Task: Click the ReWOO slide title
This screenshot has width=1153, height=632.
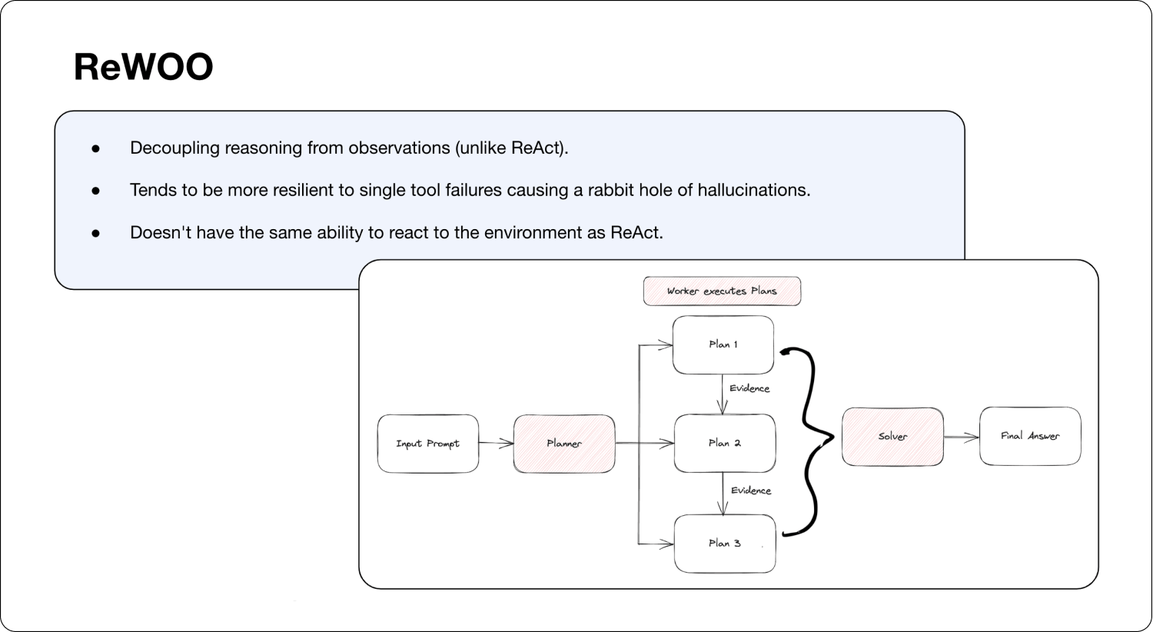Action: [x=143, y=67]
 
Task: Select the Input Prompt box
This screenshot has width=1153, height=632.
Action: [x=427, y=444]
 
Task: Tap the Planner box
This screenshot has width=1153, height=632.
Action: [x=564, y=444]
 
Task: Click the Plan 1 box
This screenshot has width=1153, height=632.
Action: [x=723, y=344]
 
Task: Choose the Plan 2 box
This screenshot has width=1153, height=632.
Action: [x=724, y=444]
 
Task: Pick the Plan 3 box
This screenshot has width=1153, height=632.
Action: [x=724, y=544]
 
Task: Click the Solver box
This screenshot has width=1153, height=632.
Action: [x=892, y=437]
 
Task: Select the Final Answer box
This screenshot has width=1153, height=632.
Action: [x=1030, y=436]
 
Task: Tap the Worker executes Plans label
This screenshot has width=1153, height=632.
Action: [x=722, y=291]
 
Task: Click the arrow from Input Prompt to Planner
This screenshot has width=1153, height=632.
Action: [x=496, y=443]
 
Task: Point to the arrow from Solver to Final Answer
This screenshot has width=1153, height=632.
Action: [x=961, y=437]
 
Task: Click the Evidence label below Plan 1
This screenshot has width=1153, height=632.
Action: [x=749, y=388]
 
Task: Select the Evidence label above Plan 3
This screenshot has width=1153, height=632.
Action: [x=751, y=491]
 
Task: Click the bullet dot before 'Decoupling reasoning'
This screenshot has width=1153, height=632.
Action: [x=96, y=148]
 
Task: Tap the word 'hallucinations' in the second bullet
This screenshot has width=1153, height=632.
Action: [x=753, y=190]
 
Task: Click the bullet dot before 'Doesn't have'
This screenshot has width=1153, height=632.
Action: [x=96, y=233]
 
